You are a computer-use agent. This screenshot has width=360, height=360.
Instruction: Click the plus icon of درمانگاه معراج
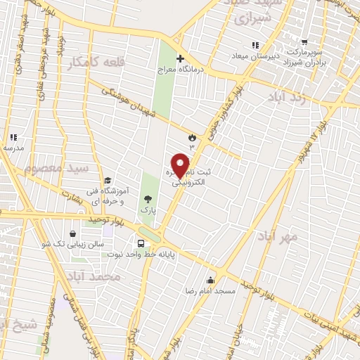click(180, 58)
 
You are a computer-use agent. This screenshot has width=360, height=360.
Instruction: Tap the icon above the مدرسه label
click(13, 138)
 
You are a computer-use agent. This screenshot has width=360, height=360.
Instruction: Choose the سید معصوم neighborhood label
click(57, 168)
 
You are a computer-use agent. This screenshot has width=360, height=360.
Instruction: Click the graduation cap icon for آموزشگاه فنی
click(108, 180)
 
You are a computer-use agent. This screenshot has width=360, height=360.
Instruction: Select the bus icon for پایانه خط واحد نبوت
click(142, 243)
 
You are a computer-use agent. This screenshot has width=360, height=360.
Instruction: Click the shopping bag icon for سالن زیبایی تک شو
click(73, 233)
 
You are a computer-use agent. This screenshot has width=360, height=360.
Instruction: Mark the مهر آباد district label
click(277, 236)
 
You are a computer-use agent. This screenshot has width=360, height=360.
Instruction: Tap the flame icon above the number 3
click(192, 136)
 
